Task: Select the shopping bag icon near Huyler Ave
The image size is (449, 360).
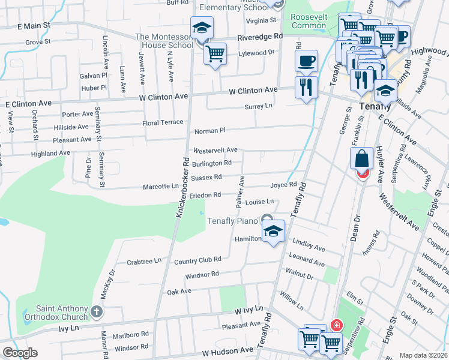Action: coord(363,159)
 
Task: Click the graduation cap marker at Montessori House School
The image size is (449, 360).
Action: coord(202,28)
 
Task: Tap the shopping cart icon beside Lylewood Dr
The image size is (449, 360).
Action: coord(215,54)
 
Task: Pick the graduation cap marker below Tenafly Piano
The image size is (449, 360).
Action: coord(273,231)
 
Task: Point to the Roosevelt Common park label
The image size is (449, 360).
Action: coord(309,21)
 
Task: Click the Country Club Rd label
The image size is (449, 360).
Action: coord(197,260)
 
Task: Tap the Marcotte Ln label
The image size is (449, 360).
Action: coord(161,187)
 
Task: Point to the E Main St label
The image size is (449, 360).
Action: coord(34,26)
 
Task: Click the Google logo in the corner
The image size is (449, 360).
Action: coord(20,353)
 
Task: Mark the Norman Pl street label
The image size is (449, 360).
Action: coord(209,130)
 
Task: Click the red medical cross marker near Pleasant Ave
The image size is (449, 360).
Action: coord(336,326)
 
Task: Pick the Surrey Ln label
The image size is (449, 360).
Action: coord(258,106)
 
